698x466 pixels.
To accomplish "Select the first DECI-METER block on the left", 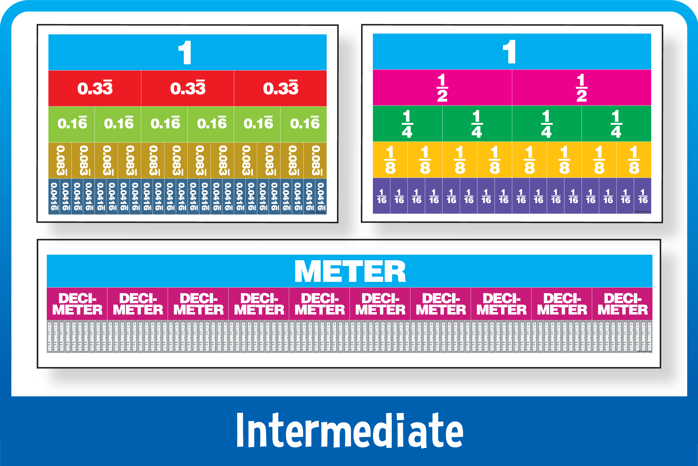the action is [x=77, y=304].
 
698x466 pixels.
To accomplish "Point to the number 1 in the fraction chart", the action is [x=509, y=52].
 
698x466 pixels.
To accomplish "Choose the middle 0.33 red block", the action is [x=188, y=88].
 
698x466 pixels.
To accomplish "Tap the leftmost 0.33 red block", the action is [x=95, y=88].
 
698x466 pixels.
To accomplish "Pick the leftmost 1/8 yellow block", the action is [x=390, y=160].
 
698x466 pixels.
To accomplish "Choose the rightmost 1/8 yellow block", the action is [x=634, y=160].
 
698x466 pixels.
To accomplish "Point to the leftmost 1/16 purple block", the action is [x=382, y=196].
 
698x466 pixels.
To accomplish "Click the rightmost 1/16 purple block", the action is [x=643, y=196].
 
